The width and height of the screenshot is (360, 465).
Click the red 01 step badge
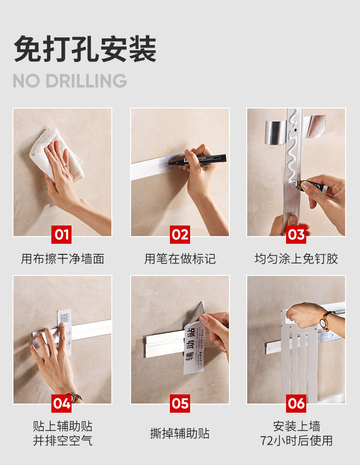click(x=61, y=235)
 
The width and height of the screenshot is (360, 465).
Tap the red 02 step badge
click(x=180, y=235)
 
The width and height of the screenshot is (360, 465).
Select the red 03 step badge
click(x=296, y=235)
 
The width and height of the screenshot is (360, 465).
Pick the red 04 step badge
click(x=61, y=403)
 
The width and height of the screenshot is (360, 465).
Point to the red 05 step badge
click(x=180, y=403)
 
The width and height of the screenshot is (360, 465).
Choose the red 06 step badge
click(x=296, y=403)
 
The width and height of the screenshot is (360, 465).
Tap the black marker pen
click(x=197, y=159)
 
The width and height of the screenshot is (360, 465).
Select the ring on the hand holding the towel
click(x=66, y=167)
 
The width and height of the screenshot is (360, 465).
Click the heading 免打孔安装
click(x=85, y=48)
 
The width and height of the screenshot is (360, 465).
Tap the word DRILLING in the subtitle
click(x=86, y=81)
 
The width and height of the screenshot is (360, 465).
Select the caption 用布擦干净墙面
click(x=62, y=259)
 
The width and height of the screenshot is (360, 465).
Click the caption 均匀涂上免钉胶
click(x=296, y=259)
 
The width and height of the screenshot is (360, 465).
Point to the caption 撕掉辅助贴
click(x=180, y=433)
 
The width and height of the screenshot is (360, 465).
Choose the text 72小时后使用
click(x=296, y=441)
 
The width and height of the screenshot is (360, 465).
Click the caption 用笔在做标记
click(x=180, y=259)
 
